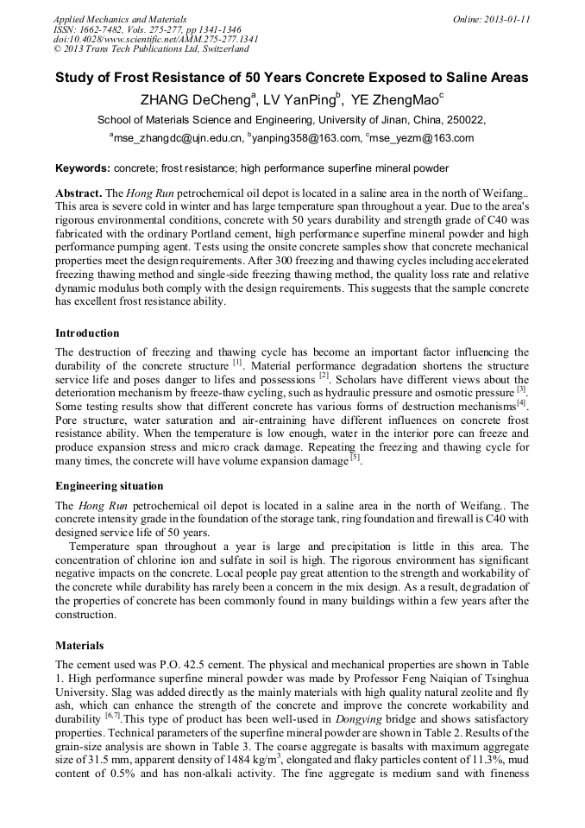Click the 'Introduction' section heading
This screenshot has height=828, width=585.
click(x=87, y=333)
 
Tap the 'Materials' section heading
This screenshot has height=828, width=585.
click(x=79, y=645)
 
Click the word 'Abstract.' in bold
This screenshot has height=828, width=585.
click(x=79, y=193)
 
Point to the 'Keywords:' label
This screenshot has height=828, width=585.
click(x=83, y=167)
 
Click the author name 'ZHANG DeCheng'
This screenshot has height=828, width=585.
click(x=195, y=100)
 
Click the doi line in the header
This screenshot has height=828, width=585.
click(x=155, y=39)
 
